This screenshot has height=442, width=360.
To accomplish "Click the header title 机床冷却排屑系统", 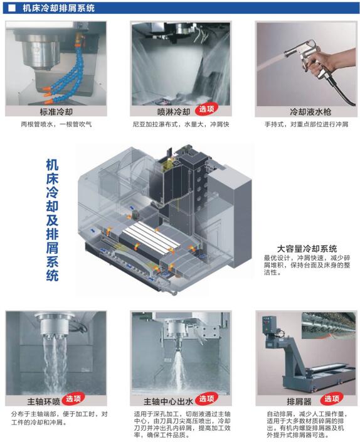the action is (x=58, y=8).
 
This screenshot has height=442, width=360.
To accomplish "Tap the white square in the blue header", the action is (x=12, y=8).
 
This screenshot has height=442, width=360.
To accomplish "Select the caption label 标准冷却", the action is (x=56, y=112).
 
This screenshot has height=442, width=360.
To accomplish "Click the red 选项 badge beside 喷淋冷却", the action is (x=207, y=109).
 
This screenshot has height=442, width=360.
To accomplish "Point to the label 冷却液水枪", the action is (x=310, y=112).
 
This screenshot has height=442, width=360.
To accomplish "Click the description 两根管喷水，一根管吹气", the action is (x=56, y=124).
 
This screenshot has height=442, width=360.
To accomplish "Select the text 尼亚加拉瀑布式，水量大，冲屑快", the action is (x=181, y=124).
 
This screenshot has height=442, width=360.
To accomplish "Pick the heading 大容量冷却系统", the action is (x=307, y=249).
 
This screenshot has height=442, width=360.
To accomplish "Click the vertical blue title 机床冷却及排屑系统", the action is (x=53, y=220).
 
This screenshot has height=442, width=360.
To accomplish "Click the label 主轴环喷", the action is (x=44, y=401).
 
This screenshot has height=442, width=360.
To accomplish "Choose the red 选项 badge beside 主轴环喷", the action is (x=73, y=399).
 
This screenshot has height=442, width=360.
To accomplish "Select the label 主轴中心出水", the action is (x=168, y=401).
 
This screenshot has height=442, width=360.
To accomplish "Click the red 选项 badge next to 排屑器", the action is (x=332, y=399).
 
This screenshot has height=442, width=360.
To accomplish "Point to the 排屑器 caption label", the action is (x=299, y=401).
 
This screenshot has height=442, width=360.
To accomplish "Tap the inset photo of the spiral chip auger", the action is (x=329, y=325).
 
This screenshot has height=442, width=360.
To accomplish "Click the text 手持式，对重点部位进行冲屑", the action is (x=307, y=124).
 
